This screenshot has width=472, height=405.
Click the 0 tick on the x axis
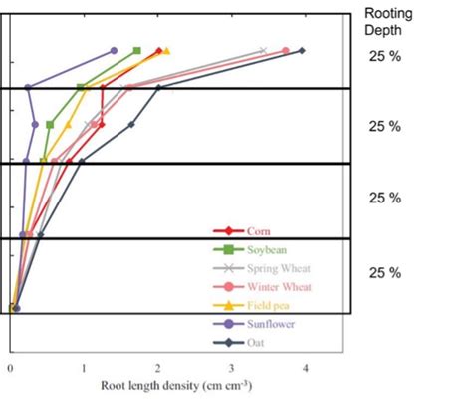point(10,367)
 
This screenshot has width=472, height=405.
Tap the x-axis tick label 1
point(84,367)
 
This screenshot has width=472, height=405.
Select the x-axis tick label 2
point(157,367)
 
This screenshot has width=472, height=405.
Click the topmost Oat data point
point(302,50)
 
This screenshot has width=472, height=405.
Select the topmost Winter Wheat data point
point(286,51)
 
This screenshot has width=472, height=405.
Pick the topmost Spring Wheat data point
point(263,51)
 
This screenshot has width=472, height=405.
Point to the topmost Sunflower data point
point(114,51)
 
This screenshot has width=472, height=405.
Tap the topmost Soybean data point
point(137,50)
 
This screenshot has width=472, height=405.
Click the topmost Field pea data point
point(166,51)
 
